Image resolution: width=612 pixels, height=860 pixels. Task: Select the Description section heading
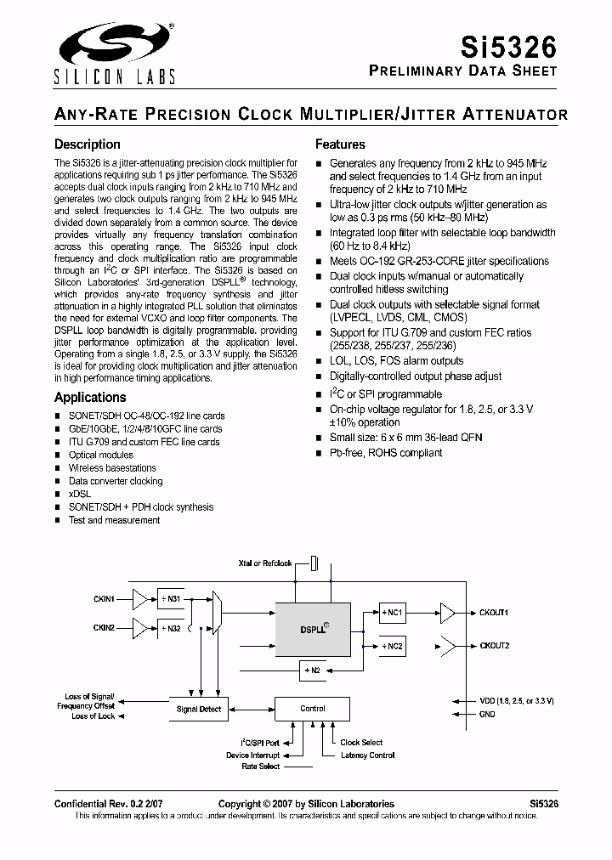[x=88, y=144]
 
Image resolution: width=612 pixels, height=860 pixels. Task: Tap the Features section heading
[x=340, y=144]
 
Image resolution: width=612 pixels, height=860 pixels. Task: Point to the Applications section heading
[x=90, y=397]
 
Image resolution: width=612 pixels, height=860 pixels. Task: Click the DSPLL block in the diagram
[x=313, y=630]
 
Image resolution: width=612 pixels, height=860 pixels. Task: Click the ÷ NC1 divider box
[x=392, y=612]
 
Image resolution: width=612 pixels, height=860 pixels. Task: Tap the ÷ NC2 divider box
[x=392, y=645]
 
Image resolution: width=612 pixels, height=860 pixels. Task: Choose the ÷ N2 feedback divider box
[x=312, y=670]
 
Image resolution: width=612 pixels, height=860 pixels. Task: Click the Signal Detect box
[x=199, y=709]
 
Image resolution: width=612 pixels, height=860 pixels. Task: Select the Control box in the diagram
[x=312, y=708]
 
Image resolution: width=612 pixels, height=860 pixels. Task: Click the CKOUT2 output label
[x=494, y=646]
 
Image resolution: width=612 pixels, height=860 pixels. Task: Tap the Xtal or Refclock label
[x=265, y=563]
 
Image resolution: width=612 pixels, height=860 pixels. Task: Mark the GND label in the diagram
[x=487, y=715]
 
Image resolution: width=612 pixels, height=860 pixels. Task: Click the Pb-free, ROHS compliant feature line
[x=386, y=453]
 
